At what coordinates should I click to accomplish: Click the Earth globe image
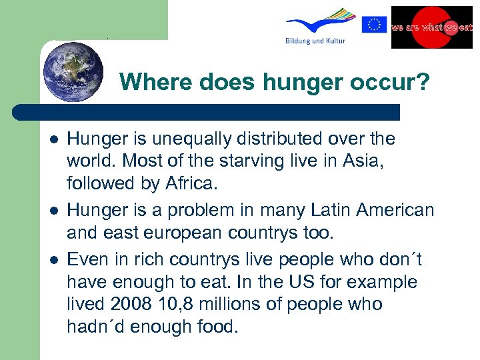(x=73, y=71)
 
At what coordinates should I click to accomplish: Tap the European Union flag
(x=374, y=25)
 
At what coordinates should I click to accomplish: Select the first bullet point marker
(x=54, y=139)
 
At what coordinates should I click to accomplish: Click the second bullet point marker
(x=54, y=211)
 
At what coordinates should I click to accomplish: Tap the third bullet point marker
(x=54, y=258)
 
